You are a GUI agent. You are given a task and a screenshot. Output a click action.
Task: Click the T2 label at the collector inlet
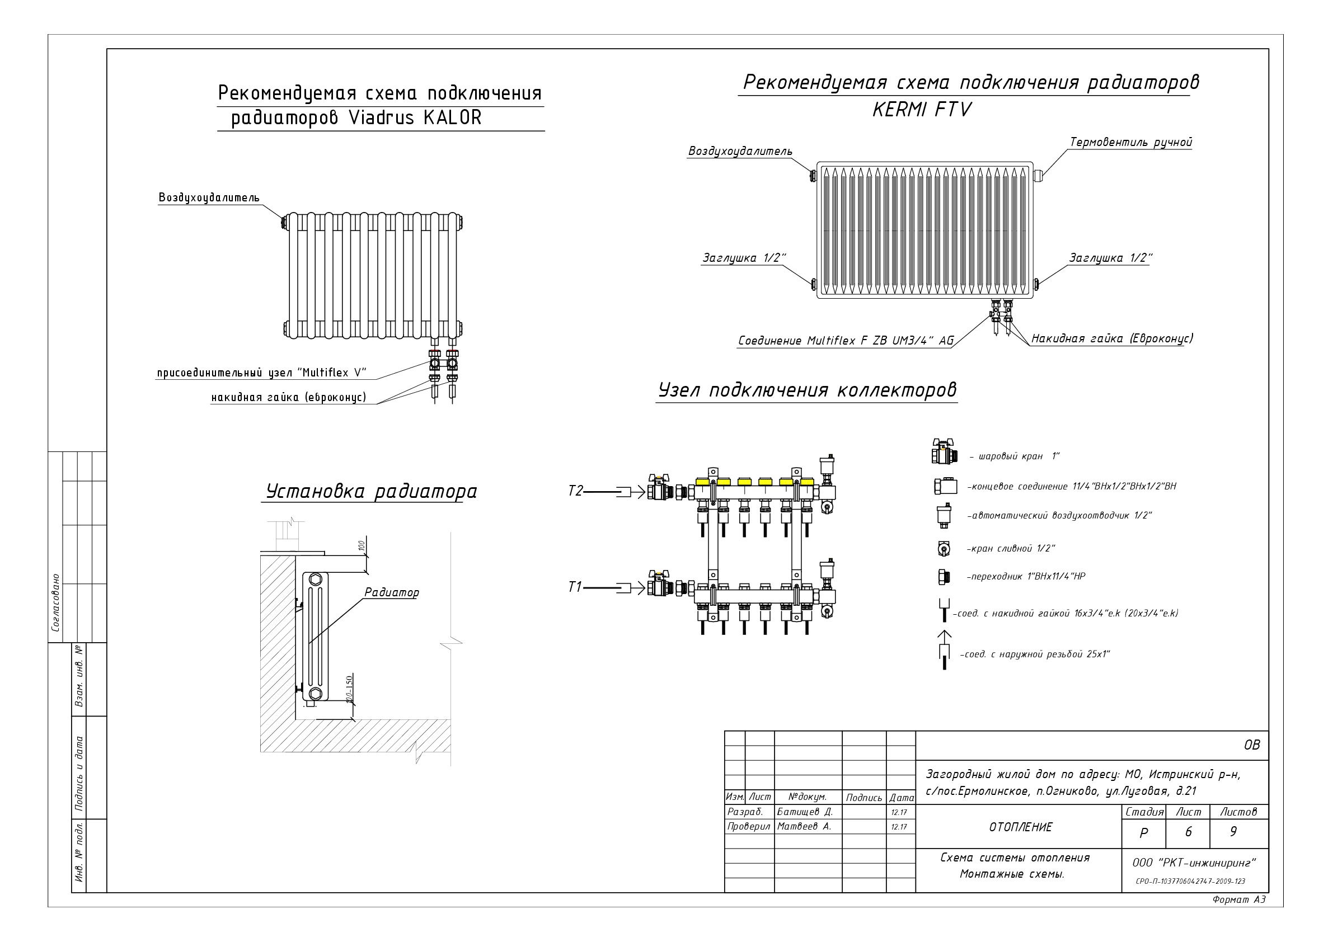(575, 491)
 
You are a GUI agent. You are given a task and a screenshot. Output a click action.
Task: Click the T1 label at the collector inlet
(574, 587)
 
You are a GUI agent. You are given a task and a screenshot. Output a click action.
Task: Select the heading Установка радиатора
(371, 492)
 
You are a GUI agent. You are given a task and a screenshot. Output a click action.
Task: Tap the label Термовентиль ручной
(1130, 142)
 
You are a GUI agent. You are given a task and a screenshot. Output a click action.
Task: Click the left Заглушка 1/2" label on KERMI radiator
(744, 258)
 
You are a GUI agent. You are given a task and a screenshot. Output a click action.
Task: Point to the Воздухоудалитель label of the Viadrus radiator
(209, 198)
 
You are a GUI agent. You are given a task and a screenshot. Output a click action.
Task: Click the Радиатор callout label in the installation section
(391, 592)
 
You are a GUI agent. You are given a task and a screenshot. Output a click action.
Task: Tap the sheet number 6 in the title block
(1188, 832)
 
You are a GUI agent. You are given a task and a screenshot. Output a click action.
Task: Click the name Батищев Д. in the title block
(805, 812)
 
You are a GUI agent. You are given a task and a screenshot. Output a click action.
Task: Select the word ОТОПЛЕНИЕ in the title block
(1020, 828)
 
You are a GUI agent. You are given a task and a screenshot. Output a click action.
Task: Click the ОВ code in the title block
(1252, 745)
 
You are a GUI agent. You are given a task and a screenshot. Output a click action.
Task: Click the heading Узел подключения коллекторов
(807, 390)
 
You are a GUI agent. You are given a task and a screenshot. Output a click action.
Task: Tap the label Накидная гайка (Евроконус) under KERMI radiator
(1112, 338)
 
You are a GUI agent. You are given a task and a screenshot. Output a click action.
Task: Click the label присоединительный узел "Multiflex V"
(262, 373)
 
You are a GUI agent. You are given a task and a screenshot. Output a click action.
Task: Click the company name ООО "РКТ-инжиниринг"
(1194, 863)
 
